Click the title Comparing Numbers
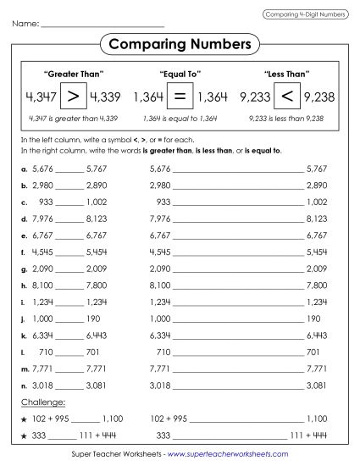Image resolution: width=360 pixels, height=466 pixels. point(180,42)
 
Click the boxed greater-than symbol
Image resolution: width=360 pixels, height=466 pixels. point(73,96)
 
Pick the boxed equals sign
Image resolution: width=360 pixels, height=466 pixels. point(180,96)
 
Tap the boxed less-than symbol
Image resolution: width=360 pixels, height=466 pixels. point(285,96)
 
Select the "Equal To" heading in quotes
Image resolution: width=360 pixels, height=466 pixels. point(179,73)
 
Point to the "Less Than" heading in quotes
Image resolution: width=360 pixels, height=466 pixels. point(285,73)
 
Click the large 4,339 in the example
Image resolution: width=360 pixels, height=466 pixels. point(105,97)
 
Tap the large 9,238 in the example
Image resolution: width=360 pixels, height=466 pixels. point(319,97)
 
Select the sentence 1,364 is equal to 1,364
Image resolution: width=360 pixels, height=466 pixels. point(179,117)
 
